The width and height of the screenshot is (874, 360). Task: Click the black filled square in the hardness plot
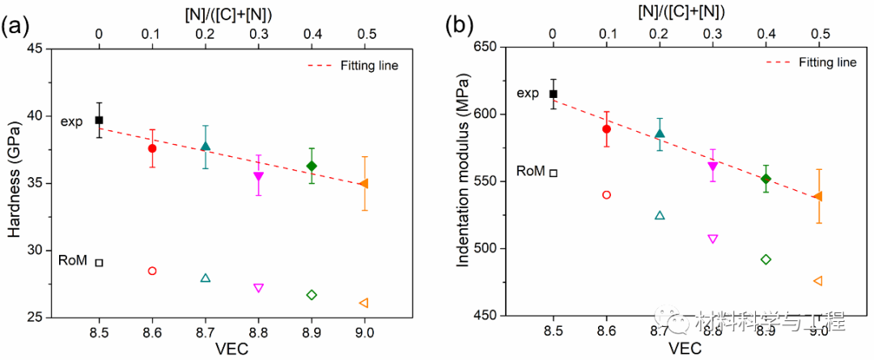[x=99, y=120]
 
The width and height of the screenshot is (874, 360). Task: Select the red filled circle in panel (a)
[x=152, y=148]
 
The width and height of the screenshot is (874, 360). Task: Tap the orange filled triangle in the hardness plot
[x=364, y=184]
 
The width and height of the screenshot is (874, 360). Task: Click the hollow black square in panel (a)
[x=99, y=262]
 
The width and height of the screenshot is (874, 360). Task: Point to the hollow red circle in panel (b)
[x=606, y=195]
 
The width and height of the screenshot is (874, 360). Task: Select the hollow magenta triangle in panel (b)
[x=712, y=239]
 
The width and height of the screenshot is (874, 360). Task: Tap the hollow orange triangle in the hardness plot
[x=364, y=303]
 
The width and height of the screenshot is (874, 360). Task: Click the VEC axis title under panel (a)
[x=231, y=349]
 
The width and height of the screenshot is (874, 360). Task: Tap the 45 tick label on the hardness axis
[x=35, y=49]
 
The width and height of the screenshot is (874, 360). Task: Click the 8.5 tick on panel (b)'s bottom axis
[x=554, y=332]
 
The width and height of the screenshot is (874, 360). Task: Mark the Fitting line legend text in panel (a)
[x=369, y=66]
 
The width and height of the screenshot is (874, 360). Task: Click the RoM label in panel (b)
[x=530, y=172]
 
